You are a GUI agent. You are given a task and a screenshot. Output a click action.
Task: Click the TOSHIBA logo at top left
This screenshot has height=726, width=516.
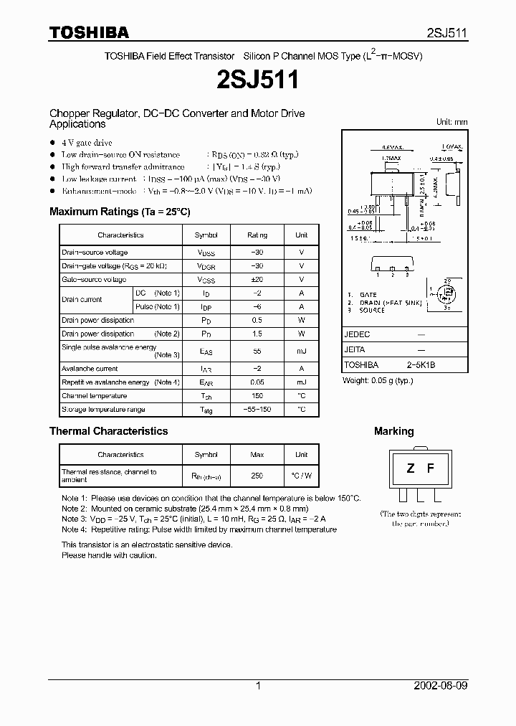[x=89, y=32]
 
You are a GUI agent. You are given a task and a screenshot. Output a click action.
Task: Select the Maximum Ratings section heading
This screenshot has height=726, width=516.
[x=120, y=212]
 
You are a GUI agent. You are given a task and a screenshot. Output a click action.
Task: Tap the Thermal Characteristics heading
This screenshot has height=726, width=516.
[x=108, y=431]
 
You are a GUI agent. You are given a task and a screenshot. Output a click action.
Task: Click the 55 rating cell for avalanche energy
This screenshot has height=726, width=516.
[x=257, y=351]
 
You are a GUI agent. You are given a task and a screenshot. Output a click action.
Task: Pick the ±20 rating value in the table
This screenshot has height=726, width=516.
[x=257, y=280]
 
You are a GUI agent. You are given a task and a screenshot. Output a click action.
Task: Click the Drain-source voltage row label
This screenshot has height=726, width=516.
[x=95, y=253]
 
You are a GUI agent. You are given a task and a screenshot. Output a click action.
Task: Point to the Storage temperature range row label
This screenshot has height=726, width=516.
[x=103, y=410]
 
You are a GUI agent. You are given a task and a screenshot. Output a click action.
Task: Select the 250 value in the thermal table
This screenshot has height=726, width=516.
[x=257, y=476]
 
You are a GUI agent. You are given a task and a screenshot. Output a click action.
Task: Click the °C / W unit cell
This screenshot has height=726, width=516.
[x=301, y=476]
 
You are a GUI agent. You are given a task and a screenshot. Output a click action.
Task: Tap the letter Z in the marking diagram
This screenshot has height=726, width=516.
[x=411, y=469]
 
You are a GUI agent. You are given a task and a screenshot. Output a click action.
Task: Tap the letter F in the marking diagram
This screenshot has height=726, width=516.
[x=431, y=469]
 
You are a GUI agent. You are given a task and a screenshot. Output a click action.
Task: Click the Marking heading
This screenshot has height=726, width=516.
[x=393, y=431]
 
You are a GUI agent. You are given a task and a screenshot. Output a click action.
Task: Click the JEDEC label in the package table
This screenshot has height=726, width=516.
[x=357, y=334]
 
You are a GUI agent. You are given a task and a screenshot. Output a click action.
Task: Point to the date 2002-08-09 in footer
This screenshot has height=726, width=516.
[x=441, y=686]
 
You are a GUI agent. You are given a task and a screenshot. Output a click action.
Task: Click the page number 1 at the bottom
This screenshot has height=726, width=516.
[x=258, y=686]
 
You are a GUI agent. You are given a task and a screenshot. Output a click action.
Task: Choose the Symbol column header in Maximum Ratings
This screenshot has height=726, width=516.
[x=206, y=235]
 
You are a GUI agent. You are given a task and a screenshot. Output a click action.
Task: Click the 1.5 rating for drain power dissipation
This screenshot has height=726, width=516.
[x=257, y=334]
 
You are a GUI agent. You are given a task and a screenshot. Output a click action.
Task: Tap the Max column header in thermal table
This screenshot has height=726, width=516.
[x=257, y=455]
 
